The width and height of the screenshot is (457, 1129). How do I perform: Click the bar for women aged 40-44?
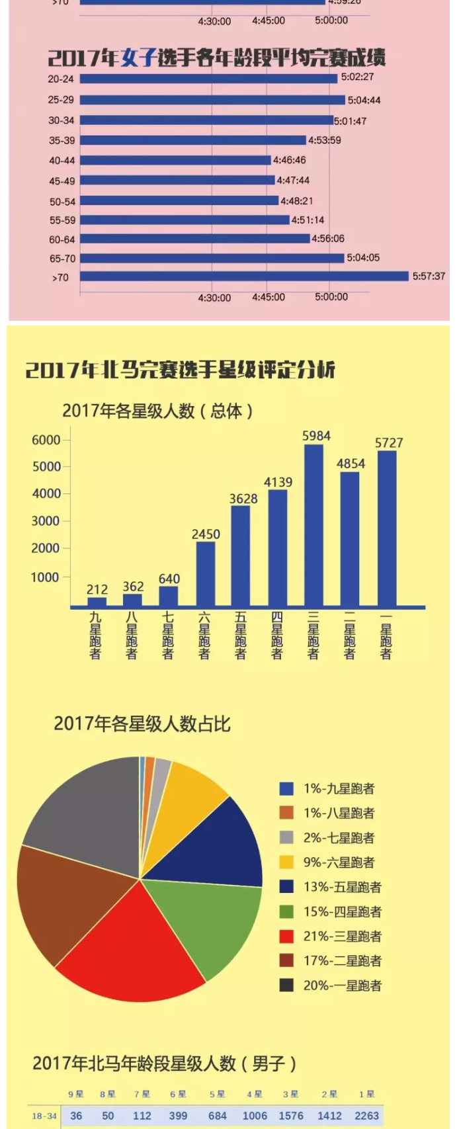(x=175, y=160)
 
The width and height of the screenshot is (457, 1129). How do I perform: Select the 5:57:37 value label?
(x=429, y=276)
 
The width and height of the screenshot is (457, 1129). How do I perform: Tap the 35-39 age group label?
(x=62, y=140)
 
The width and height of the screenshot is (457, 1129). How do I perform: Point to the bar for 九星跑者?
(x=97, y=601)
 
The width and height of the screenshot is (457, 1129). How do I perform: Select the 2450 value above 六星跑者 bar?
(x=206, y=534)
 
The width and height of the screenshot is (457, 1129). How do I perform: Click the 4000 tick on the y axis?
(x=46, y=493)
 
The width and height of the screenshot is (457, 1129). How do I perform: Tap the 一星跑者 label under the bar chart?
(x=386, y=636)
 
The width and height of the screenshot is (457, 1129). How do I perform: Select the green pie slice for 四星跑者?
(x=205, y=926)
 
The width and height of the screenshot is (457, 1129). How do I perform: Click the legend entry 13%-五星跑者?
(x=342, y=887)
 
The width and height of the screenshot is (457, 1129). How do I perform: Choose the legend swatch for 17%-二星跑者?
(x=286, y=960)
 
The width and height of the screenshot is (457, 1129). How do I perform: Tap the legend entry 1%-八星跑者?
(x=339, y=813)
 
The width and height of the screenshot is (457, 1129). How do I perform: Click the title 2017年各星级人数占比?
(x=142, y=724)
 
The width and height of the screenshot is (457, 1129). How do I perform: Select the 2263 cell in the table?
(x=366, y=1116)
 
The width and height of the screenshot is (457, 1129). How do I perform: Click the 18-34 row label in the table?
(x=44, y=1116)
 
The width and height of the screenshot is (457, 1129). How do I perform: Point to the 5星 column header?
(x=217, y=1094)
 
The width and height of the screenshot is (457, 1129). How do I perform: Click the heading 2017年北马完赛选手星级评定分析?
(x=180, y=369)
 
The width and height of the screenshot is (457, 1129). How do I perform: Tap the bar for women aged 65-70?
(x=212, y=258)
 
